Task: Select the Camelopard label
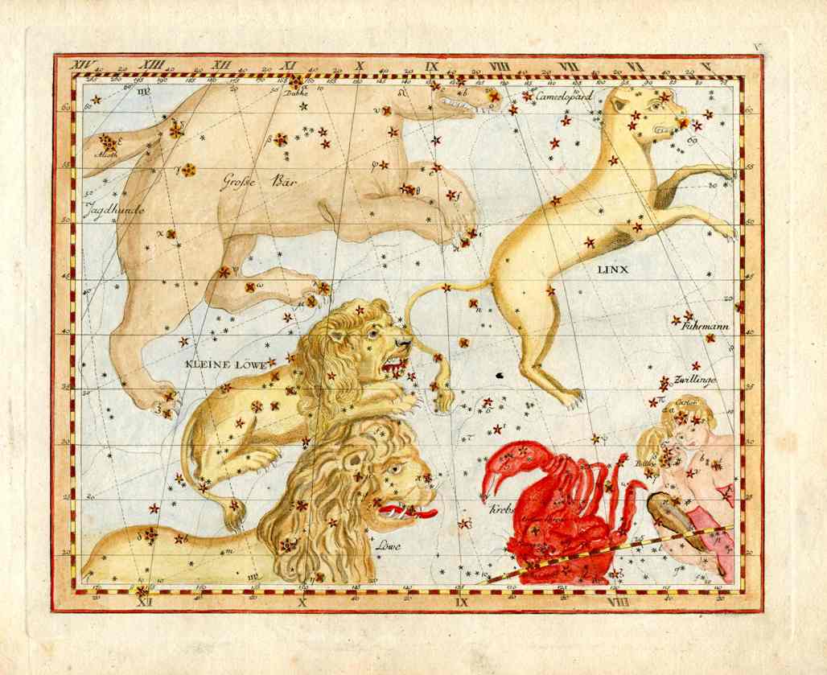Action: (x=565, y=96)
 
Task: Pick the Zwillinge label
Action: (x=696, y=379)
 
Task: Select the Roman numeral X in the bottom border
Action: (x=303, y=601)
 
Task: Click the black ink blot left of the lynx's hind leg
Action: (x=500, y=374)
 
